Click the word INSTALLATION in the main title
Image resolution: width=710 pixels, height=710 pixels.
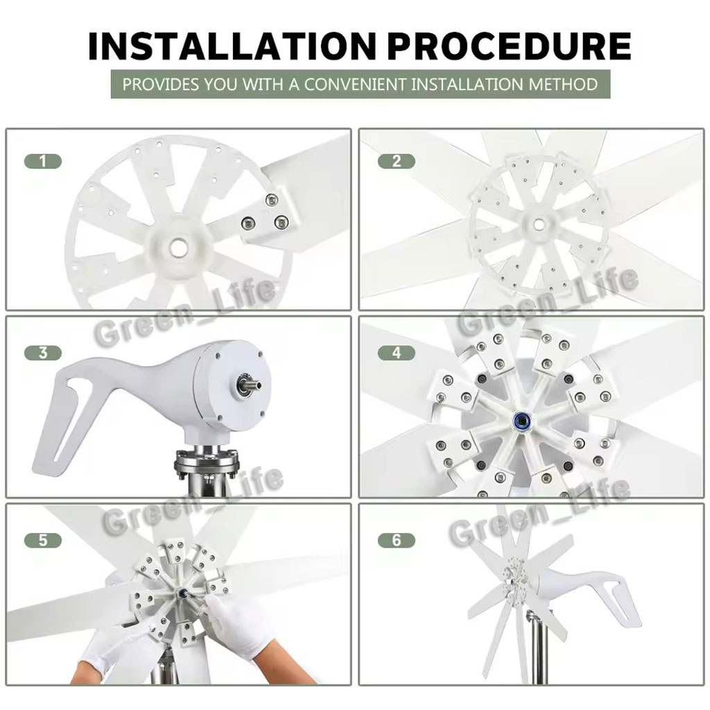point(232,46)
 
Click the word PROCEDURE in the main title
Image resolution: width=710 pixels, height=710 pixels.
point(510,46)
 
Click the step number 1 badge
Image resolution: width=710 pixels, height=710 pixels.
point(42,161)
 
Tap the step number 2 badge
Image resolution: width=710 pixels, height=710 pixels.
point(396,161)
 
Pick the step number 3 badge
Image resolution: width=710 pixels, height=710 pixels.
point(42,353)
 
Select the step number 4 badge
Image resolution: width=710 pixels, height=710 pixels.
point(396,353)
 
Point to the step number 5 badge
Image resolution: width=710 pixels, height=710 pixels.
point(42,540)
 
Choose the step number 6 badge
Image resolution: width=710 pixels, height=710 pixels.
point(396,540)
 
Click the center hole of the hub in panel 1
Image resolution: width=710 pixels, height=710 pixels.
point(178,248)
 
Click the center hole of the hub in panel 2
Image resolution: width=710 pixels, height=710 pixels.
point(538,224)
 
